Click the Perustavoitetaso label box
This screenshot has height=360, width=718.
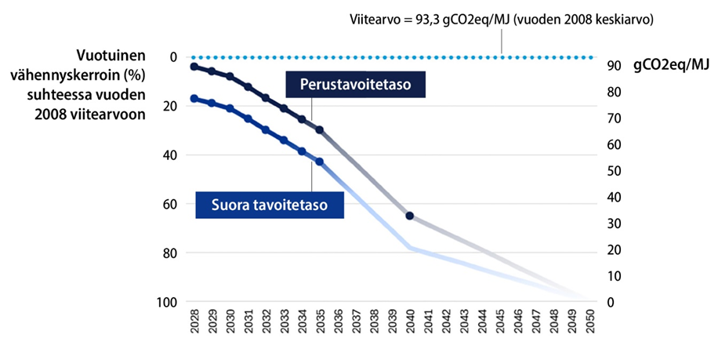(356, 84)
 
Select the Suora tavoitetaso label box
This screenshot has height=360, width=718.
(268, 205)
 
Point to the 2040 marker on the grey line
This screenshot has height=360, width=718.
(410, 215)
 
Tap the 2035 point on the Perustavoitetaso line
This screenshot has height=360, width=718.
(319, 129)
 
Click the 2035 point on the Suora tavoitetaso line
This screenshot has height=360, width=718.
(319, 162)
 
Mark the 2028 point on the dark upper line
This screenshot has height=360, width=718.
(194, 67)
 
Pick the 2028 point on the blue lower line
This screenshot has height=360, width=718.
(194, 98)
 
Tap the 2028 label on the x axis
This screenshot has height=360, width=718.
(194, 323)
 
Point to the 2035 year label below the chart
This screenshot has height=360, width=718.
(321, 323)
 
